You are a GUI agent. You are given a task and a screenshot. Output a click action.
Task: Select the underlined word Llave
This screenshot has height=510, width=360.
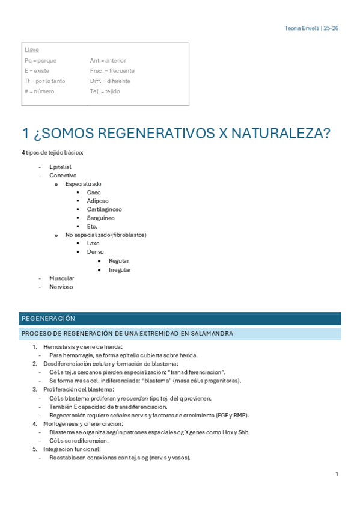click(x=32, y=50)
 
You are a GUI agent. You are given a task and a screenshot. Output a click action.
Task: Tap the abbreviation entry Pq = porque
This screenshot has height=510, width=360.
click(x=40, y=61)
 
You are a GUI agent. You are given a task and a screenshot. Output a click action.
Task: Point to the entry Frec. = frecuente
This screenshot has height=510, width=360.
click(x=112, y=71)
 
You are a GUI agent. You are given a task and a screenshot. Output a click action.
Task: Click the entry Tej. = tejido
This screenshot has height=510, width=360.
click(x=105, y=91)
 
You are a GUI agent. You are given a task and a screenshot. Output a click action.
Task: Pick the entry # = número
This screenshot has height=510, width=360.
click(x=39, y=91)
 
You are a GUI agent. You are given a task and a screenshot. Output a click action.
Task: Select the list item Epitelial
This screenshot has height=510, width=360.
click(x=60, y=167)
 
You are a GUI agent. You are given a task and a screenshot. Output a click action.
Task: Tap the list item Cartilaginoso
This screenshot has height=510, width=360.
click(x=104, y=209)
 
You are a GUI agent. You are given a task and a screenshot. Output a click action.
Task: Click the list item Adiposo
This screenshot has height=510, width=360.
click(x=98, y=201)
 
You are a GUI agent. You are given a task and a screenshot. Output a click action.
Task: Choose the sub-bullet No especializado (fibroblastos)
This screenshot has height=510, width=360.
click(x=106, y=235)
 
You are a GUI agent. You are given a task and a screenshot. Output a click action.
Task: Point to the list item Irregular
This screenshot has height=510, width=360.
click(x=120, y=270)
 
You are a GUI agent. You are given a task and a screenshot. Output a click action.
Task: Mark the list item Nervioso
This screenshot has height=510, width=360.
click(x=61, y=287)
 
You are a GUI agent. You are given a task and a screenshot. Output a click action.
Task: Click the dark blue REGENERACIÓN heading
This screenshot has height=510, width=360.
click(x=48, y=319)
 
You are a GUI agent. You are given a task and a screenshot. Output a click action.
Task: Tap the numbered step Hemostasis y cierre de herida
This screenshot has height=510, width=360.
click(x=83, y=346)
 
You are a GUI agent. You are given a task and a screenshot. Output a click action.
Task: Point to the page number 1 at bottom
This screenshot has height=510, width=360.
click(x=337, y=475)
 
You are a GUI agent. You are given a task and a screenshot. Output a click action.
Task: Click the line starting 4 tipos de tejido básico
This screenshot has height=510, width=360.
click(x=52, y=153)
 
